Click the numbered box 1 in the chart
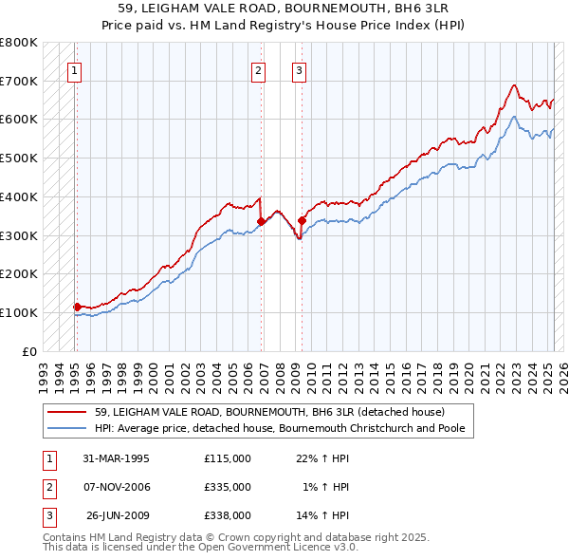coord(74,69)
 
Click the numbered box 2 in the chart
coord(258,69)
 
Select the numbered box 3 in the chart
coord(299,69)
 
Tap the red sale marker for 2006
coord(261,221)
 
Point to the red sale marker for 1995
coord(77,307)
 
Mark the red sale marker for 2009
coord(302,220)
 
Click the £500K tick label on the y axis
coord(19,158)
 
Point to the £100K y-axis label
coord(19,312)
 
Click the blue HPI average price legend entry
coord(284,428)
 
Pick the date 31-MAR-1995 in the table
coord(116,458)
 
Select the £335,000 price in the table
coord(228,487)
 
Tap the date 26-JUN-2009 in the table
coord(117,515)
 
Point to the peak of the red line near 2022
coord(514,85)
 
